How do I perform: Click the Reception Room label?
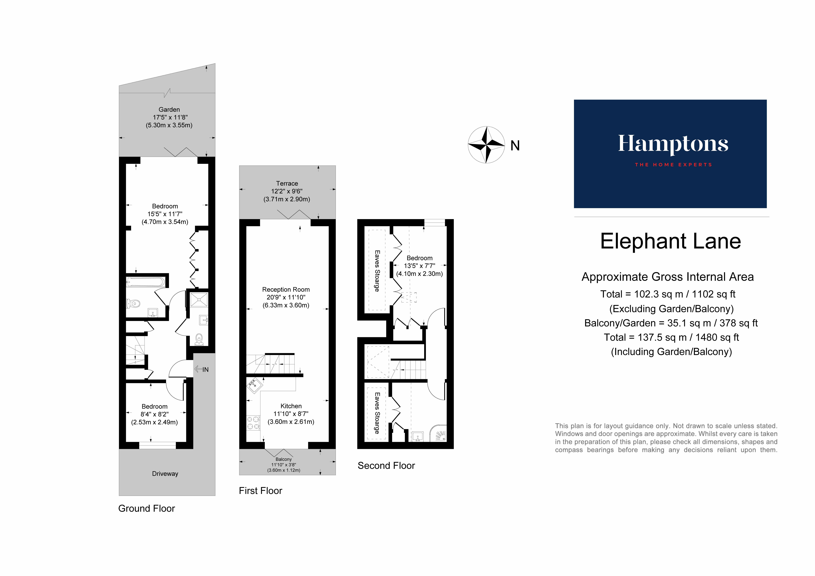point(286,289)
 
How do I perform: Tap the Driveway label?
point(165,474)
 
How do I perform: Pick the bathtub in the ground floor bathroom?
point(146,282)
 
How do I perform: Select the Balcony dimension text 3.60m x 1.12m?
point(284,470)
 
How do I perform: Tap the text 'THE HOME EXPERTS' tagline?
point(673,165)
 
